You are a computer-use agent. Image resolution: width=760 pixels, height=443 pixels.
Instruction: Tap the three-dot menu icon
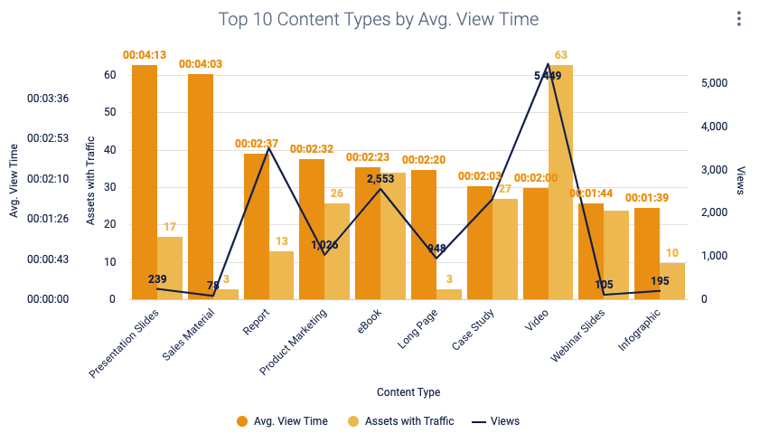pyautogui.click(x=738, y=19)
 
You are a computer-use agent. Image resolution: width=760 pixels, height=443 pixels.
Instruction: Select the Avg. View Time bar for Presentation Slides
pyautogui.click(x=145, y=181)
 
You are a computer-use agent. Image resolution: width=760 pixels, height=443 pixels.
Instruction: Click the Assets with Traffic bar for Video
pyautogui.click(x=560, y=181)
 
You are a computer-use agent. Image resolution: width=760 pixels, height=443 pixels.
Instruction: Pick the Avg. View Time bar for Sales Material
pyautogui.click(x=201, y=186)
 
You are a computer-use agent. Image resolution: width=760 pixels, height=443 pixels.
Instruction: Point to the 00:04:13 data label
pyautogui.click(x=145, y=55)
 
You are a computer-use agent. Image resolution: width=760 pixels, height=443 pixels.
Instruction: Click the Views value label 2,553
pyautogui.click(x=381, y=179)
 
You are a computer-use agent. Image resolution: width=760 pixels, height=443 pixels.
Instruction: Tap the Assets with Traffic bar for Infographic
pyautogui.click(x=672, y=281)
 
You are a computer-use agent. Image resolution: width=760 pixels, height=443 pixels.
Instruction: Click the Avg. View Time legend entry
pyautogui.click(x=282, y=421)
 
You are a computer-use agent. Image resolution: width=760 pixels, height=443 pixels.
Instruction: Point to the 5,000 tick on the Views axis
pyautogui.click(x=716, y=83)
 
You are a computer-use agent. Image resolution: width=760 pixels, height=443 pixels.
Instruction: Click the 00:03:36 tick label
pyautogui.click(x=48, y=99)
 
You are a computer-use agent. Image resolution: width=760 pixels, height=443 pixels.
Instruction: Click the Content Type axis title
pyautogui.click(x=408, y=392)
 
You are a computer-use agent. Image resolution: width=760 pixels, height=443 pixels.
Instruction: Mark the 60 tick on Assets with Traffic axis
pyautogui.click(x=110, y=75)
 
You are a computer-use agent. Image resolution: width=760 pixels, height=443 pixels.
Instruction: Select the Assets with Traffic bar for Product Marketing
pyautogui.click(x=337, y=250)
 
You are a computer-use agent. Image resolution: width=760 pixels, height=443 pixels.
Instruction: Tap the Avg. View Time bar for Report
pyautogui.click(x=257, y=226)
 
